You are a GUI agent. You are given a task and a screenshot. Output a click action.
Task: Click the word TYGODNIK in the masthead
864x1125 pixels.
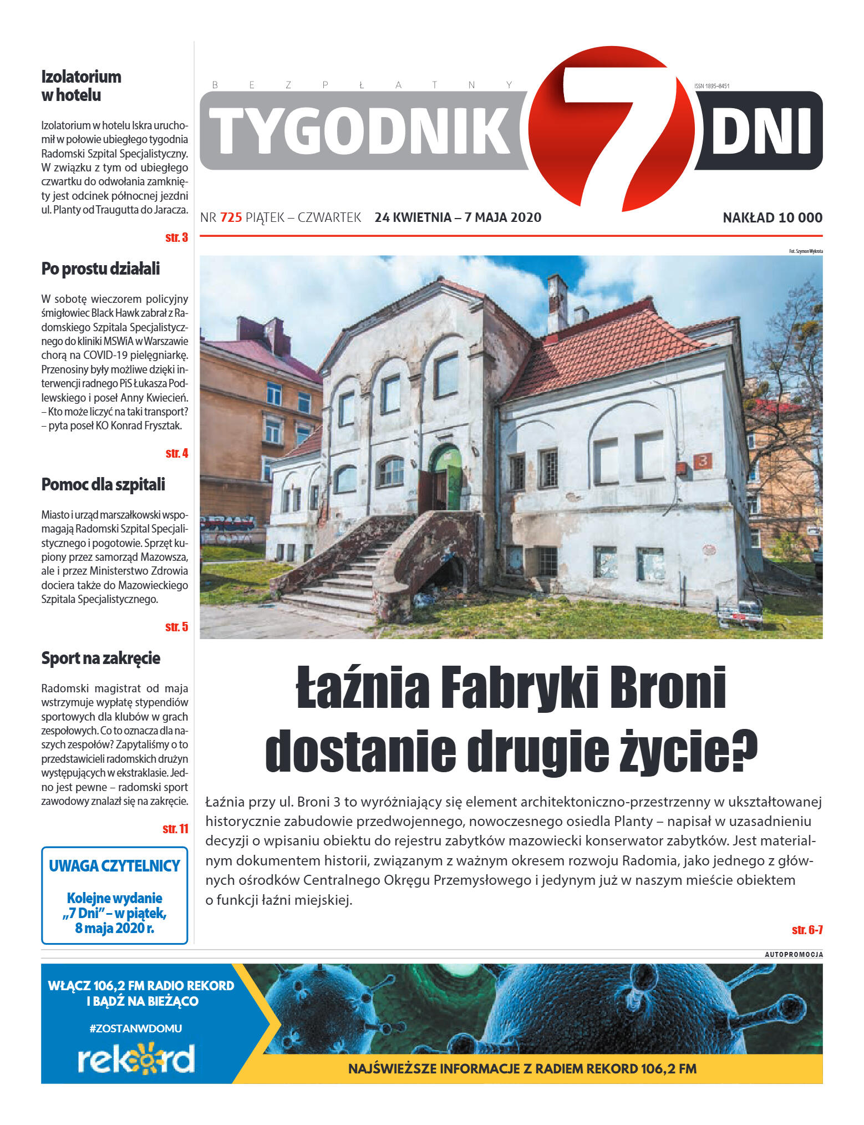click(359, 131)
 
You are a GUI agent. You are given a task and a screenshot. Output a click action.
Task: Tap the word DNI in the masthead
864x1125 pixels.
click(760, 131)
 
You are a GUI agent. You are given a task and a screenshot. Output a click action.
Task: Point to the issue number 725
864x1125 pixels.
click(231, 217)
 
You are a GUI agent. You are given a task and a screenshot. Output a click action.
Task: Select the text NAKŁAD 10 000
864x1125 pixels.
click(772, 217)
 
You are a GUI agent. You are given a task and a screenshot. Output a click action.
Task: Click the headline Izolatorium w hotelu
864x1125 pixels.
click(81, 85)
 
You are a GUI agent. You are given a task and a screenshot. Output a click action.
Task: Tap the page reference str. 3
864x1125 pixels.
click(176, 237)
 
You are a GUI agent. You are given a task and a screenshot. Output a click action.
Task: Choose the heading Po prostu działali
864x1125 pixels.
click(100, 268)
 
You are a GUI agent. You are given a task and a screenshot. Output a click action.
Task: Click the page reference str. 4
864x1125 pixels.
click(176, 453)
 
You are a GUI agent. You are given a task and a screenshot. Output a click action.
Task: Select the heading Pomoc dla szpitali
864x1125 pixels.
click(103, 484)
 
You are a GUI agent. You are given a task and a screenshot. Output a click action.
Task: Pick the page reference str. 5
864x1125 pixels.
click(176, 627)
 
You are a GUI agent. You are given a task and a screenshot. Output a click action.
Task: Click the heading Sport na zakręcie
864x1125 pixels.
click(100, 658)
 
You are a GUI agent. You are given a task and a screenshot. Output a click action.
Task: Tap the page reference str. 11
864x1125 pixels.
click(175, 829)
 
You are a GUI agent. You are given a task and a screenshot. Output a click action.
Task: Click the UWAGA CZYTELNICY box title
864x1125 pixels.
click(114, 866)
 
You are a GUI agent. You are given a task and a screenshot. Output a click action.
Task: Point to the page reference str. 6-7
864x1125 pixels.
click(807, 930)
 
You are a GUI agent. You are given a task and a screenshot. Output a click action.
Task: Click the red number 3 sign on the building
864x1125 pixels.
click(703, 460)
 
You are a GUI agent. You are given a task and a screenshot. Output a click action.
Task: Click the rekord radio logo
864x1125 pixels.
click(136, 1058)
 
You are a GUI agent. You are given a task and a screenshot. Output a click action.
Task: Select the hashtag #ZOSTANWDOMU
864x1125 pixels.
click(136, 1028)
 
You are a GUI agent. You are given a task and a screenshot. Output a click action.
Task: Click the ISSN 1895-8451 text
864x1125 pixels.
click(711, 86)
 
